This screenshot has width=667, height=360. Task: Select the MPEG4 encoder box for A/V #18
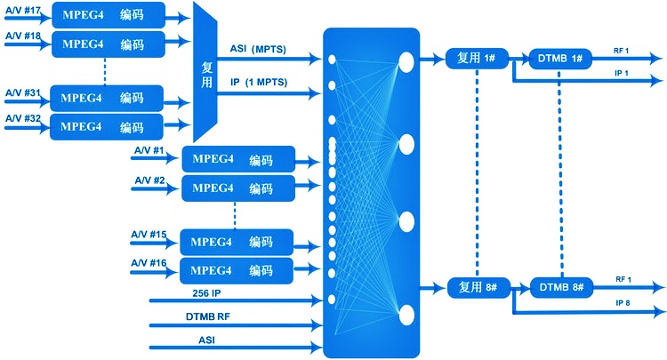click(108, 43)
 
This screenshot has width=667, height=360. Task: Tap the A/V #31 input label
click(23, 92)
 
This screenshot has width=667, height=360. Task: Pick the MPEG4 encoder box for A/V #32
click(108, 126)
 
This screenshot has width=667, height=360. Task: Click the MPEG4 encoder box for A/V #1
click(237, 160)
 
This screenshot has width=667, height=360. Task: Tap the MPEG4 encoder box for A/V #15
click(237, 242)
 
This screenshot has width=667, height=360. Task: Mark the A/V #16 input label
click(149, 263)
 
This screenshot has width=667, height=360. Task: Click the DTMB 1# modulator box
click(560, 58)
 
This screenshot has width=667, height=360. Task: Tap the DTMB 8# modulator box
click(561, 287)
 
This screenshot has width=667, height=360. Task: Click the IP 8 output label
click(623, 302)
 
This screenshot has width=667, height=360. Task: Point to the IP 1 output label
click(623, 72)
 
